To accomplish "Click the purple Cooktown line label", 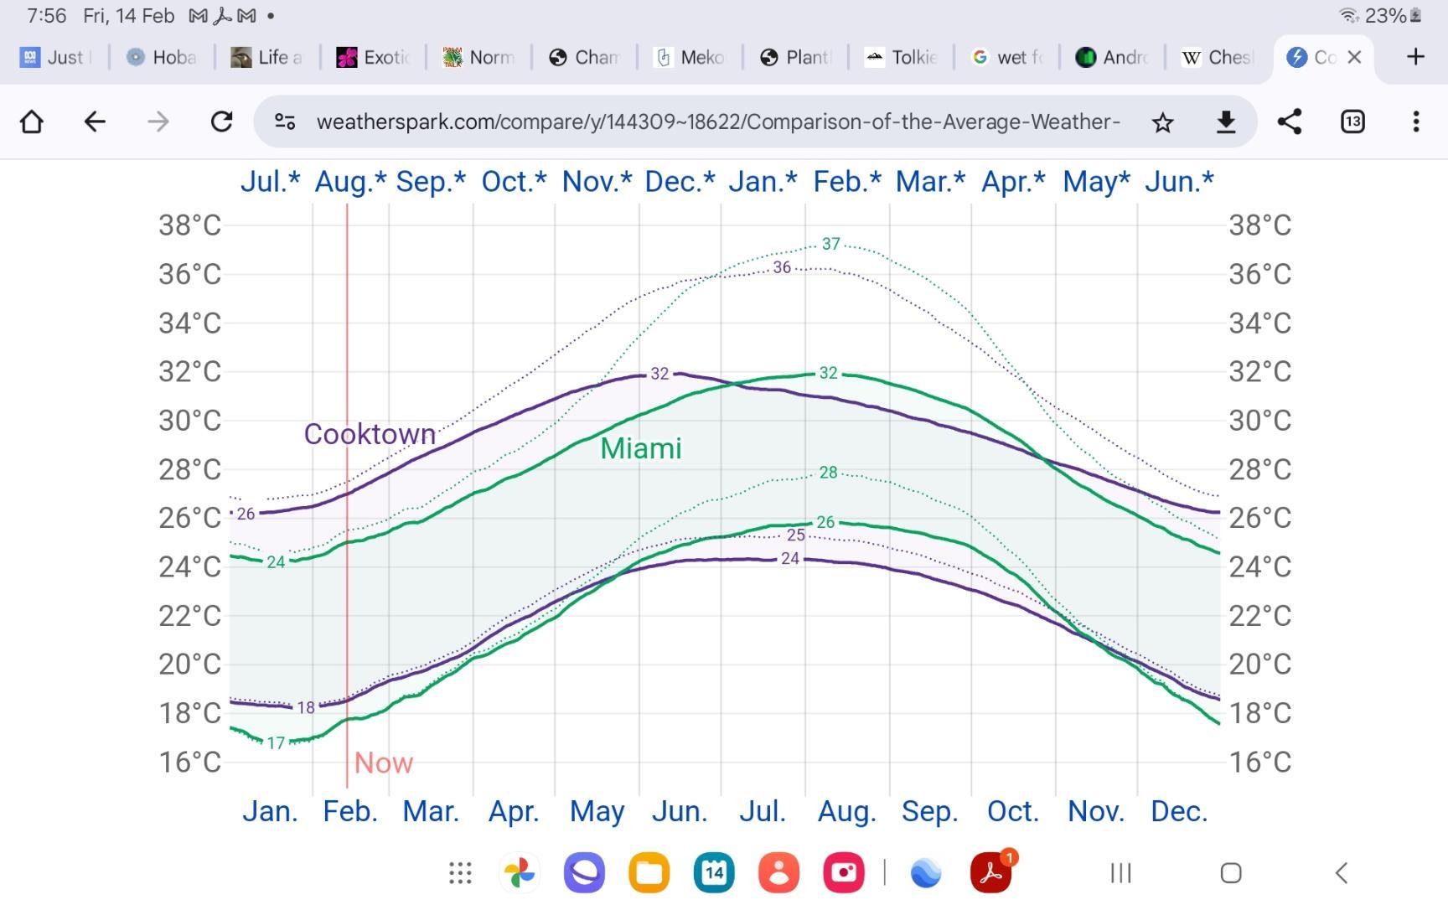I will tap(370, 434).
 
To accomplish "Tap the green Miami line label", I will tap(641, 448).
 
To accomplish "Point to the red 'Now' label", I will tap(383, 763).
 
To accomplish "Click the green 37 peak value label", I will tap(830, 244).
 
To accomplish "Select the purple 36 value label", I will tap(782, 267).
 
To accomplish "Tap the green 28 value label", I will tap(828, 473).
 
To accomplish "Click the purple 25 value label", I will tap(795, 535).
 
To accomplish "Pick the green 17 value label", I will tap(276, 743).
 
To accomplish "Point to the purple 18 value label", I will tap(306, 708).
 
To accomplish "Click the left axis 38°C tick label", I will tap(189, 225).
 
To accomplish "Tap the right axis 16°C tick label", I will tap(1259, 762).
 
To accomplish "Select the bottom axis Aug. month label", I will tap(846, 811).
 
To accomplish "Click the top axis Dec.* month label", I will tap(680, 181).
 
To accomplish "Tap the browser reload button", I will tap(221, 122).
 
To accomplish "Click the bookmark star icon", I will tap(1162, 122).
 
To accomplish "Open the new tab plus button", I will tap(1415, 57).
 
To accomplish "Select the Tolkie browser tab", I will tap(902, 57).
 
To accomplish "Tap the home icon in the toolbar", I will tap(32, 122).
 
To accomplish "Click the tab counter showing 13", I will tap(1352, 122).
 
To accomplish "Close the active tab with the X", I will tap(1354, 57).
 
